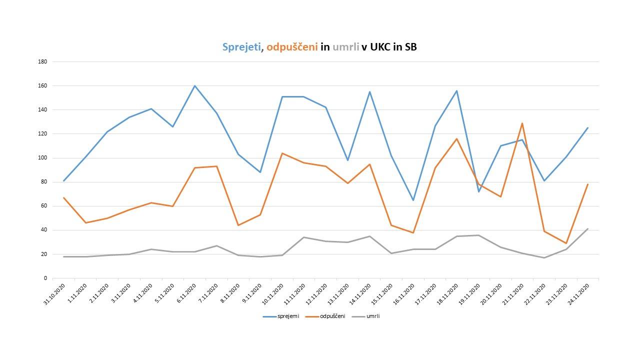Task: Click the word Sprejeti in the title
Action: point(241,47)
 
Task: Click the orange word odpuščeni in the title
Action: point(292,47)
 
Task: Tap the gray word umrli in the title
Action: point(345,47)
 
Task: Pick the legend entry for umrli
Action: point(372,316)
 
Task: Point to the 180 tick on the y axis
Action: point(42,61)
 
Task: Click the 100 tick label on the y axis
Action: point(42,158)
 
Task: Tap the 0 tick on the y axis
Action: point(45,278)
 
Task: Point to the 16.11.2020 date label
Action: point(405,295)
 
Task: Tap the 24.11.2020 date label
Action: point(580,295)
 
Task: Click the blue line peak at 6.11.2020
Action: point(194,85)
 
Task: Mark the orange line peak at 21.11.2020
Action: point(522,123)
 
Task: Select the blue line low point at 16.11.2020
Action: point(413,200)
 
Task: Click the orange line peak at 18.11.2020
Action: point(456,138)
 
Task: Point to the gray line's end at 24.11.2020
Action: point(587,228)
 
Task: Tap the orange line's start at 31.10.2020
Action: point(63,197)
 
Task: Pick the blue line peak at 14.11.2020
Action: point(369,91)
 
